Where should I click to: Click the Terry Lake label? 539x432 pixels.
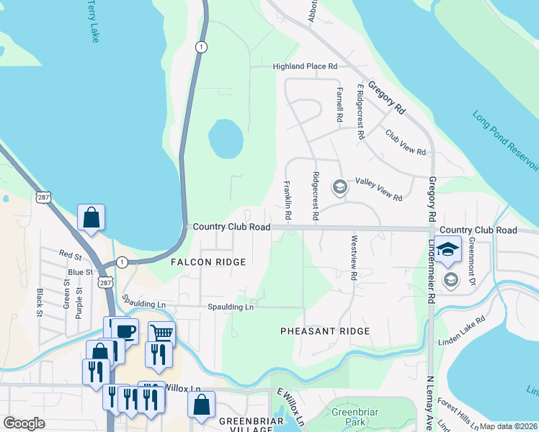94,21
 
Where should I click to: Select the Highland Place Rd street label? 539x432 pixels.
305,66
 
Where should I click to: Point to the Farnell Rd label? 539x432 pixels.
338,104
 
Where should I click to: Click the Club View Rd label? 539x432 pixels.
405,143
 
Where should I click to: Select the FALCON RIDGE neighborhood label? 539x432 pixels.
208,263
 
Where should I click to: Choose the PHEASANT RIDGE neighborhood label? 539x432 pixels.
325,331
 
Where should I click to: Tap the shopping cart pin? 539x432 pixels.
161,333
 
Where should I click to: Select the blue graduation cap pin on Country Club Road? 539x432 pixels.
447,248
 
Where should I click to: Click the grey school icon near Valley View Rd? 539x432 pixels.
339,188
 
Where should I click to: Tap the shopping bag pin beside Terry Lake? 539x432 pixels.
92,217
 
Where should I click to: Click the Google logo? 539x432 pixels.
24,423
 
